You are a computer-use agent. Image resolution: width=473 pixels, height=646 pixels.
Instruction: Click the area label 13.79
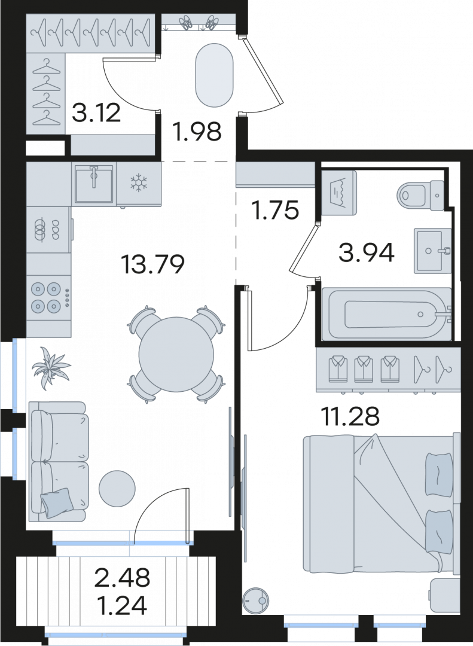(x=152, y=264)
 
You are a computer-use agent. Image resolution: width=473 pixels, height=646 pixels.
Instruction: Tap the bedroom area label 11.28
(x=350, y=416)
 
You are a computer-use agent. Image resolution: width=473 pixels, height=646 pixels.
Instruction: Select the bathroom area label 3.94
(x=367, y=252)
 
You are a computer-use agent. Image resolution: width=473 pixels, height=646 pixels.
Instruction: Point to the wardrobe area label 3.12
(x=96, y=112)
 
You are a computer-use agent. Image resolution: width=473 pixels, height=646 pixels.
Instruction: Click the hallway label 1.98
(x=197, y=132)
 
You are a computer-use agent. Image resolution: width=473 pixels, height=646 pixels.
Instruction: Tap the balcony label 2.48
(x=123, y=578)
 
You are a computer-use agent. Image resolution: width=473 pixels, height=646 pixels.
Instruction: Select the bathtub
(x=386, y=315)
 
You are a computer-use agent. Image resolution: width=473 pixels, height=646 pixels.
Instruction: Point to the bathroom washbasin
(x=432, y=251)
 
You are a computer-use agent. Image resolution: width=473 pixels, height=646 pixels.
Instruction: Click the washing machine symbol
(x=338, y=193)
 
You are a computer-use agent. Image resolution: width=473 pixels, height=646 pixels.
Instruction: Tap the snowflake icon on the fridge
(x=139, y=183)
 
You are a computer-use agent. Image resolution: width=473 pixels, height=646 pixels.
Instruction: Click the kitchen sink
(x=94, y=184)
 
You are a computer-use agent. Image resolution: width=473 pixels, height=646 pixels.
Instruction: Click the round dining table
(x=176, y=355)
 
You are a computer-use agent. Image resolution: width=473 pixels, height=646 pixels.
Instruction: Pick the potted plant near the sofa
(x=51, y=368)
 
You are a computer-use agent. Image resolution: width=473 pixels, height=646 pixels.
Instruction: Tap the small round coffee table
(x=117, y=488)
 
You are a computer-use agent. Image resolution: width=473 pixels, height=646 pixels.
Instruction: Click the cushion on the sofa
(x=57, y=502)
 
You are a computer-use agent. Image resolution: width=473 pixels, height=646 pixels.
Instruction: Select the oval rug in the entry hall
(x=214, y=75)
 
